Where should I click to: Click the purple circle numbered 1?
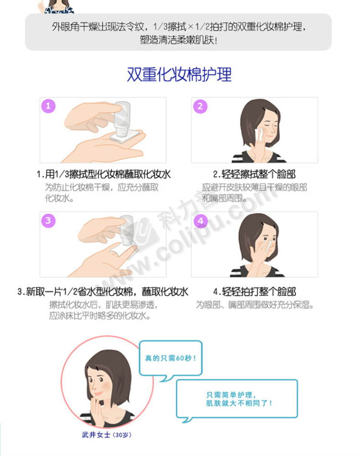tap(48, 106)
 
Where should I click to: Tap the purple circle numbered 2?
tap(200, 106)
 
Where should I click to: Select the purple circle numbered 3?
tap(48, 220)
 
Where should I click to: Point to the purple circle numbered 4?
tap(201, 221)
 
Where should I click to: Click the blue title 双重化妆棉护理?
tap(179, 74)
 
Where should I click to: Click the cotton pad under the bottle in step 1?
tap(125, 136)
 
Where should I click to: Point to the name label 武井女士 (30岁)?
tap(107, 435)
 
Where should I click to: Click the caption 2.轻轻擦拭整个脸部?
tap(254, 174)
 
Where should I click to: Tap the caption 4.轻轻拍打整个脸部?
tap(255, 291)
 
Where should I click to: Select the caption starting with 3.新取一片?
tap(103, 291)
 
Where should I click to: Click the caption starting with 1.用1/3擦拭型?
tap(104, 174)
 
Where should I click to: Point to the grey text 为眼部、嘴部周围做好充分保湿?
tap(255, 305)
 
